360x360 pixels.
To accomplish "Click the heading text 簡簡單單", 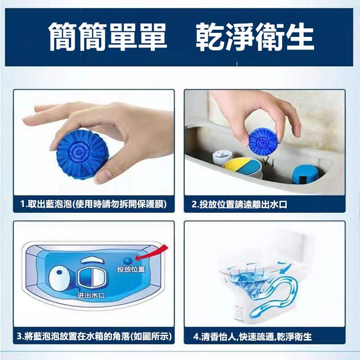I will coord(108,37).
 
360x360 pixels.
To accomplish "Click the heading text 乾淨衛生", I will coord(255,37).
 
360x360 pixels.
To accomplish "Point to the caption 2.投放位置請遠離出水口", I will coord(239,205).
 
